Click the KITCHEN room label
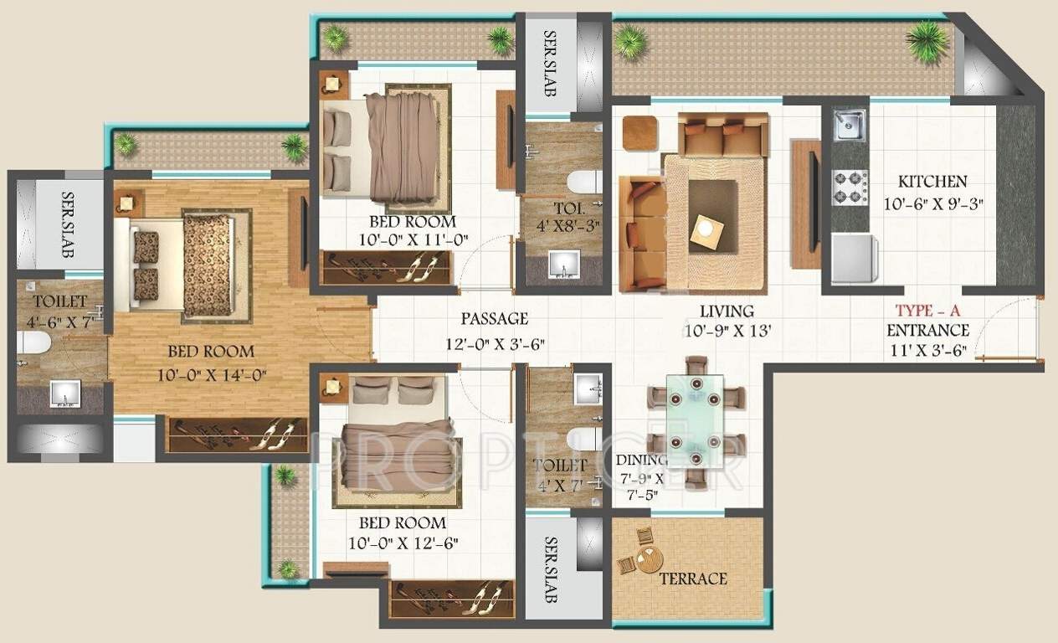coord(932,182)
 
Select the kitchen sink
coord(849,126)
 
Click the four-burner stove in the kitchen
coord(850,188)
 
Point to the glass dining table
coord(696,421)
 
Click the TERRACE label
coord(692,579)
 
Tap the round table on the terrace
coord(649,559)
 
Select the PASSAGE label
coord(495,319)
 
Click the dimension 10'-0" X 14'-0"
coord(211,374)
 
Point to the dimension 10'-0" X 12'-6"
coord(403,543)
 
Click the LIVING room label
coord(727,311)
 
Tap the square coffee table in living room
coord(707,231)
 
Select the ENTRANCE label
coord(927,331)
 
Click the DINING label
coord(641,460)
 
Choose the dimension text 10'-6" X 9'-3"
coord(932,203)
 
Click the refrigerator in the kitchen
coord(854,258)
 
